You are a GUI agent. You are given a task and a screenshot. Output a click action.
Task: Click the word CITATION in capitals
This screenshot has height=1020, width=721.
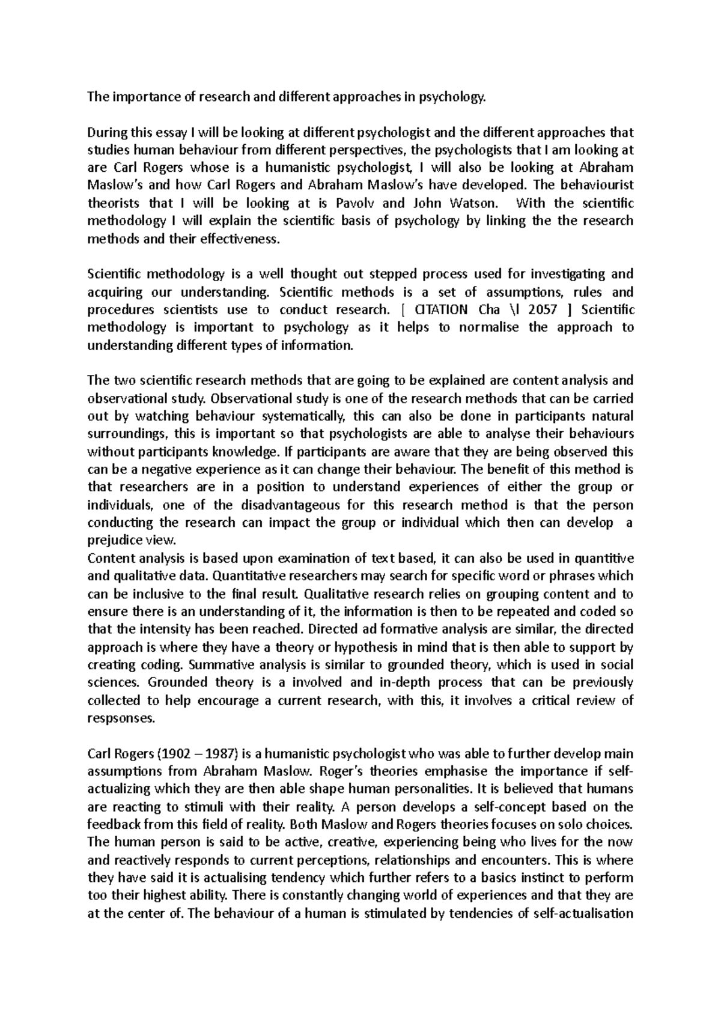coord(441,309)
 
